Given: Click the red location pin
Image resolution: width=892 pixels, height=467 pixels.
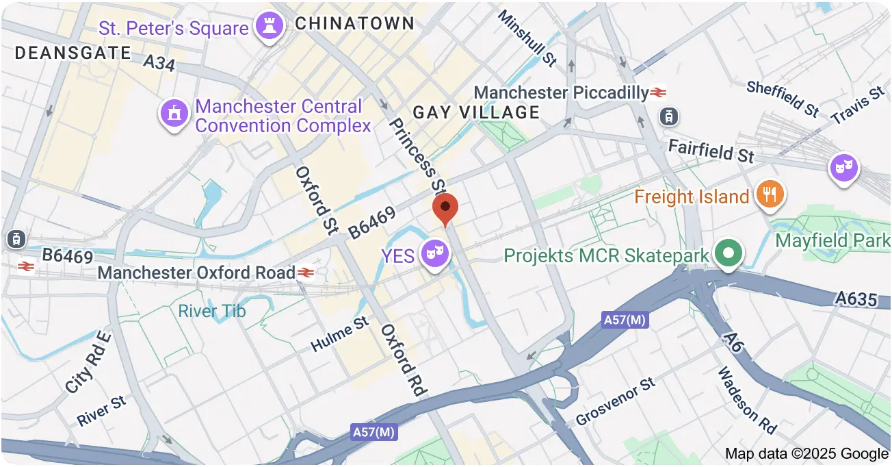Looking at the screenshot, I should click(x=445, y=207).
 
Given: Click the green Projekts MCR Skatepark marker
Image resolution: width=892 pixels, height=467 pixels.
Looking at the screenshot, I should click(x=729, y=253).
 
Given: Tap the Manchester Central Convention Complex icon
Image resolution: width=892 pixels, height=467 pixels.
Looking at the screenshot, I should click(x=174, y=114).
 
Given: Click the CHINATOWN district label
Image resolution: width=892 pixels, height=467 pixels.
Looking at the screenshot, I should click(x=354, y=23).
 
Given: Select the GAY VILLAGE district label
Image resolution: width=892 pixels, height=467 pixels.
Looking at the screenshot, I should click(x=476, y=112).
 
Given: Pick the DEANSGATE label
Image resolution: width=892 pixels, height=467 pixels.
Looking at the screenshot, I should click(x=73, y=53).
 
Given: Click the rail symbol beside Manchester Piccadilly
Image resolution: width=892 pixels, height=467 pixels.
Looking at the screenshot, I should click(x=659, y=92).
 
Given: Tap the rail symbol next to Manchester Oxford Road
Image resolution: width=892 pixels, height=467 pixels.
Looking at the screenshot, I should click(x=305, y=273).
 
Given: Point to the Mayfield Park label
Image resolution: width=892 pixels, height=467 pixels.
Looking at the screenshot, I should click(x=832, y=240).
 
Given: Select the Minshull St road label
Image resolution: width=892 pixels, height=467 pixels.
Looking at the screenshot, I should click(x=527, y=38).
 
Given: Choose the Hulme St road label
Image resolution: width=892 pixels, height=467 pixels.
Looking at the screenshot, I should click(x=339, y=334).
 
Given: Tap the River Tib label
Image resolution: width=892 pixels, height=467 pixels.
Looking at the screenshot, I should click(x=211, y=312).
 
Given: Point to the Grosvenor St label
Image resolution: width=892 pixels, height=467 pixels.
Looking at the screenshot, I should click(x=616, y=401).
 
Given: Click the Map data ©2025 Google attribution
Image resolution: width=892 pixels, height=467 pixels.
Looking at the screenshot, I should click(x=806, y=453).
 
